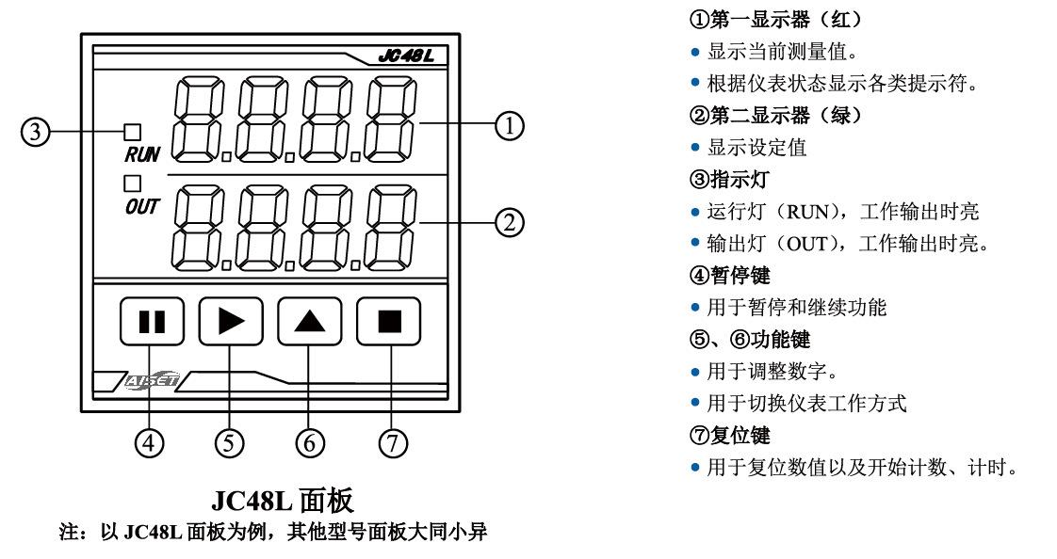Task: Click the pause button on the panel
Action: click(x=152, y=323)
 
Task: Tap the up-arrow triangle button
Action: click(x=309, y=323)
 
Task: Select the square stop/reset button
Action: click(x=388, y=323)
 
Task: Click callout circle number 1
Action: click(x=510, y=124)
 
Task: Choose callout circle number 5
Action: click(x=231, y=440)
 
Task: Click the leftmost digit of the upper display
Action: click(x=200, y=117)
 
